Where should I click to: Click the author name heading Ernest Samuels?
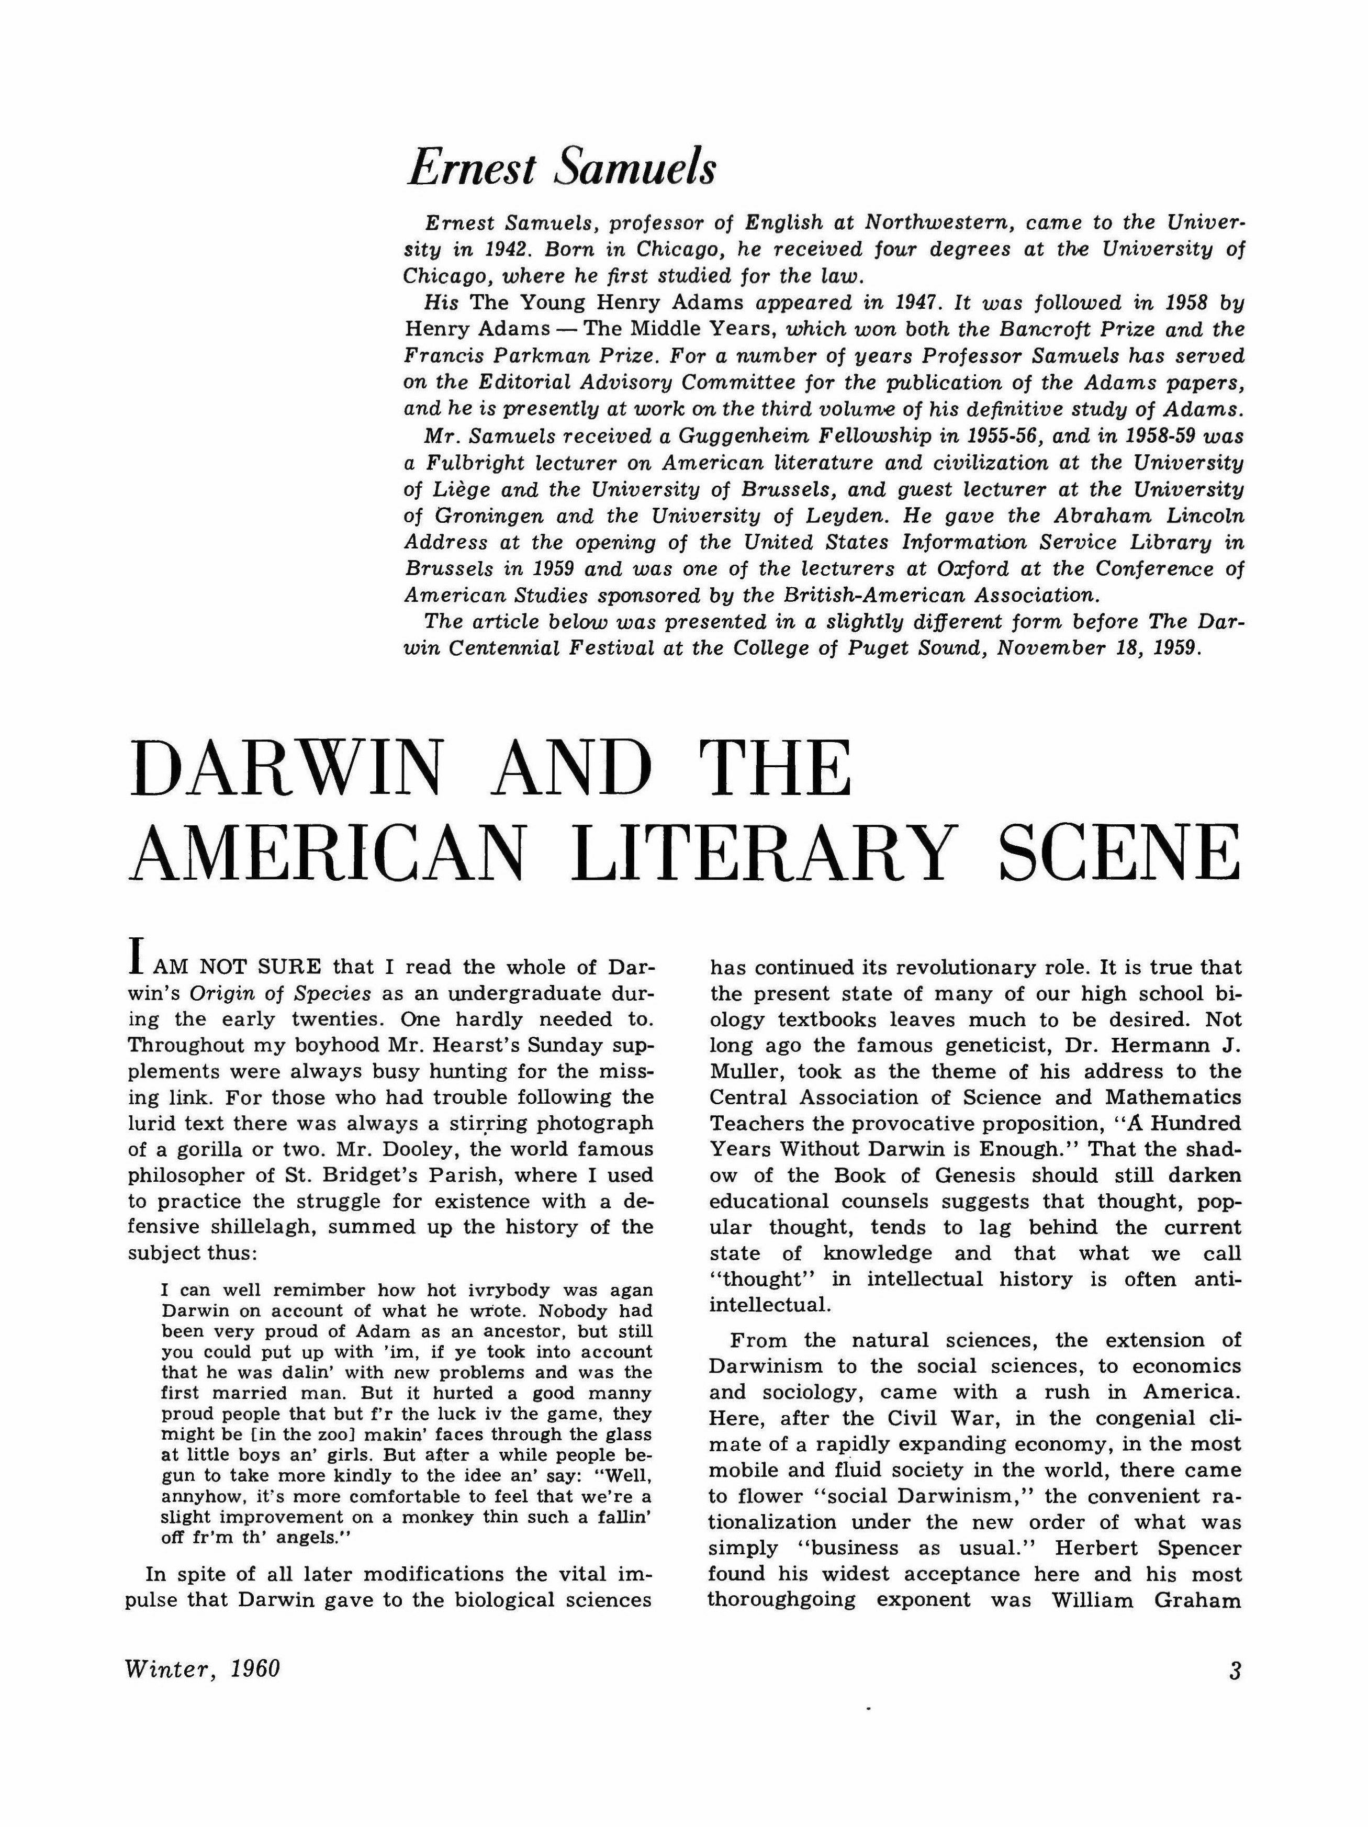coord(562,167)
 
